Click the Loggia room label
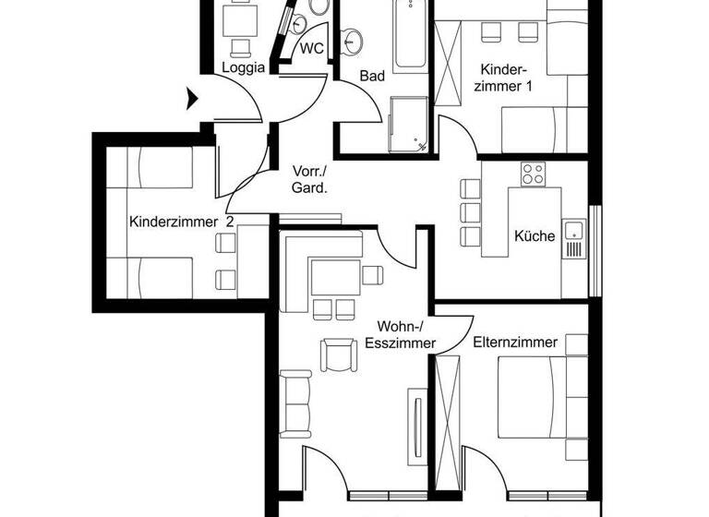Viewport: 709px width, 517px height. pyautogui.click(x=244, y=67)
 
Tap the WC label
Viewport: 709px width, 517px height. pyautogui.click(x=311, y=49)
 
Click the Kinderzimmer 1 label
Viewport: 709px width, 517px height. pyautogui.click(x=503, y=78)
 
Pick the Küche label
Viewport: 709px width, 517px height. pyautogui.click(x=535, y=235)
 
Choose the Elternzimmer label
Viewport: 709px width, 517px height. pyautogui.click(x=515, y=343)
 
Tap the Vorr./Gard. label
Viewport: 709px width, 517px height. pyautogui.click(x=309, y=179)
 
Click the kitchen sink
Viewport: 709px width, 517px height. pyautogui.click(x=573, y=239)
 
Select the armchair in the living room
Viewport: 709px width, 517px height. pyautogui.click(x=337, y=355)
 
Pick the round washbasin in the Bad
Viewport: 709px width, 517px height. pyautogui.click(x=351, y=40)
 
